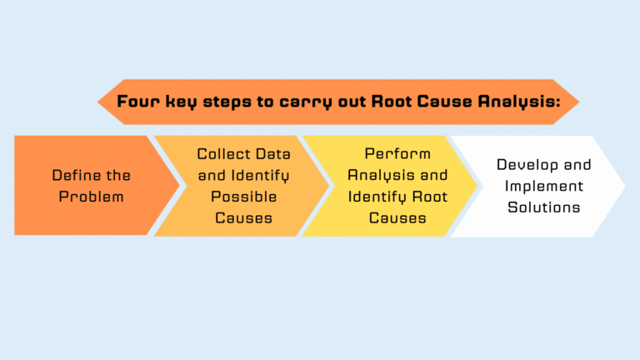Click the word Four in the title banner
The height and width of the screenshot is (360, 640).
coord(137,102)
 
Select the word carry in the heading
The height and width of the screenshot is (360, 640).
coord(303,102)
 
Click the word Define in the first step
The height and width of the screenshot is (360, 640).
coord(73,176)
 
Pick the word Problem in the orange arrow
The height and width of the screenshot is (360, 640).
coord(92,197)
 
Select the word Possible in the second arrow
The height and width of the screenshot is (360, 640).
coord(243,197)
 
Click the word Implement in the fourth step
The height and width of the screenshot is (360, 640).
coord(543,187)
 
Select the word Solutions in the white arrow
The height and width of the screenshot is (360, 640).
coord(543,207)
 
